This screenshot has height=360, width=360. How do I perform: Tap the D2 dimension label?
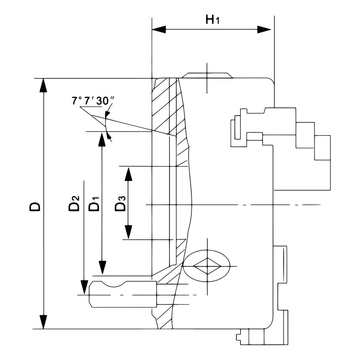[x=74, y=203]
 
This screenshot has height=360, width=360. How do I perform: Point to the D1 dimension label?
[x=94, y=203]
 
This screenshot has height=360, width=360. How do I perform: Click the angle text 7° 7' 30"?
[x=90, y=101]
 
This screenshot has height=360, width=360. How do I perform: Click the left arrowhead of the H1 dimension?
[x=159, y=29]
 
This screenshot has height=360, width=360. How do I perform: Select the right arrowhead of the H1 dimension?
[x=264, y=29]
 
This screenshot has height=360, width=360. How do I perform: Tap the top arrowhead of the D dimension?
[x=44, y=86]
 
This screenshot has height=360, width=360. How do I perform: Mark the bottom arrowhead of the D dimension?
[x=44, y=322]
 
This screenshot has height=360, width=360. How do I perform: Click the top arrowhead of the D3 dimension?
[x=128, y=174]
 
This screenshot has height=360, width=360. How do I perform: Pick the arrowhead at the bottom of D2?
[x=84, y=287]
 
